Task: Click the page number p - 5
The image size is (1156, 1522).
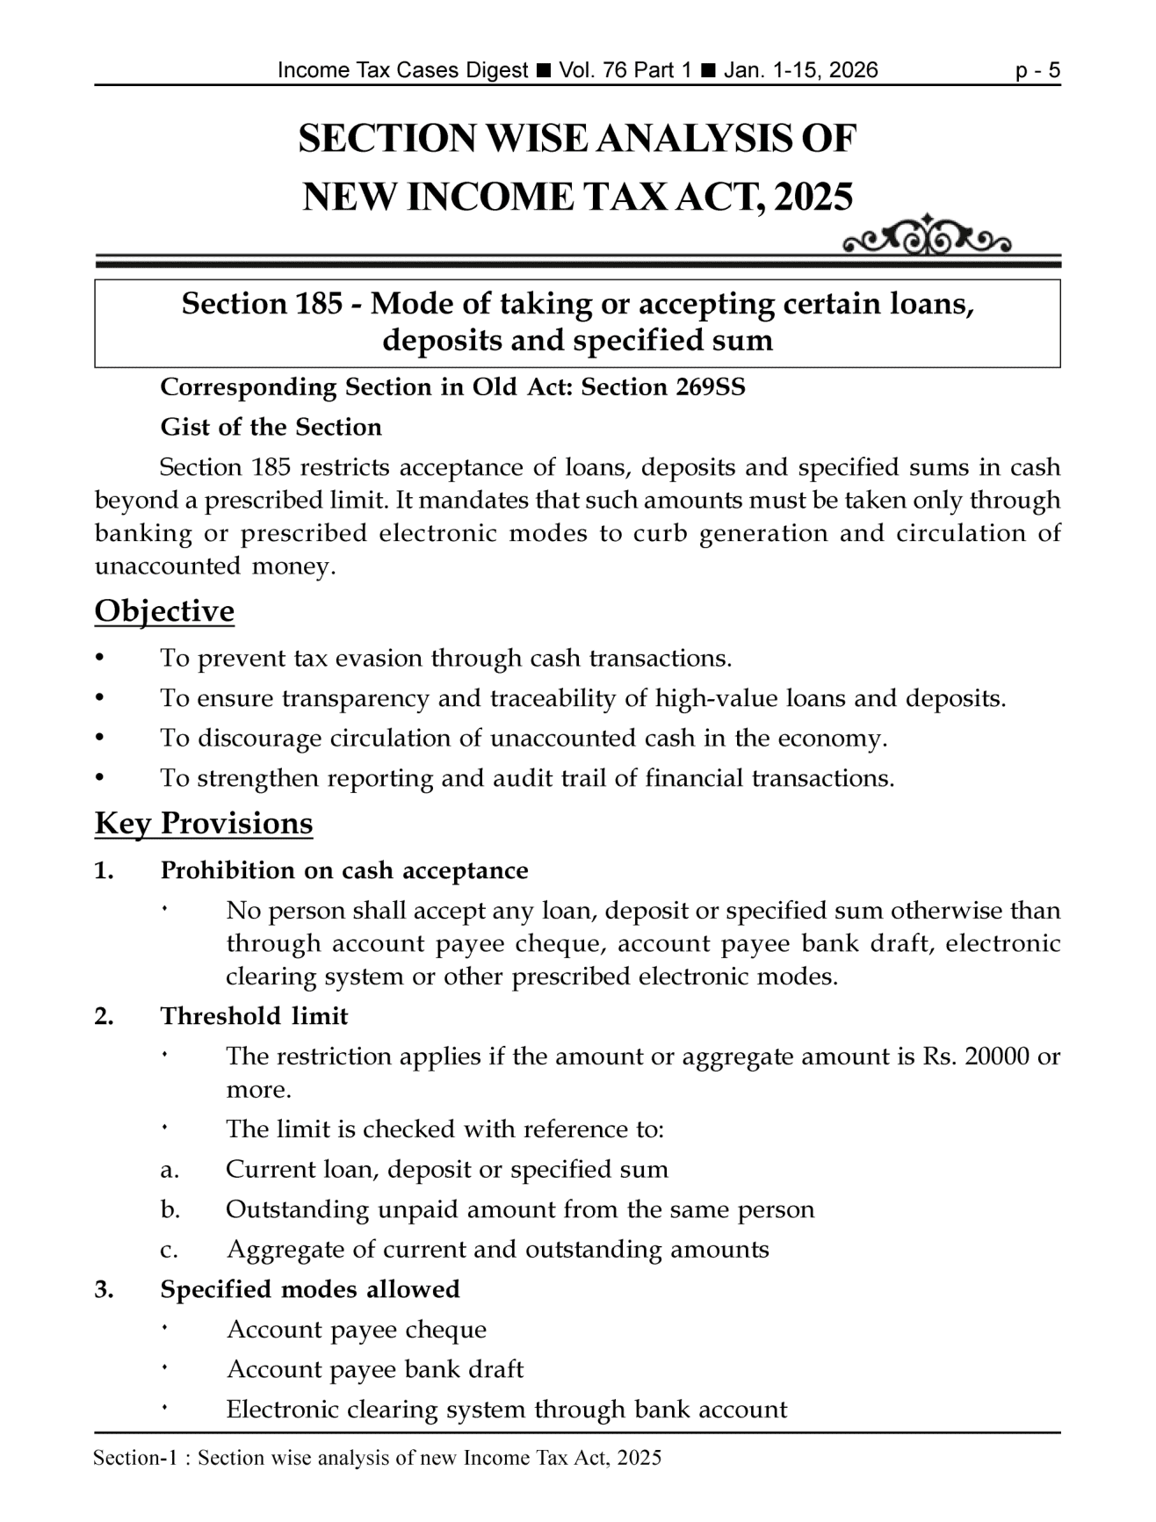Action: pos(1037,71)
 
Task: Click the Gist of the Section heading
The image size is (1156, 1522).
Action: pos(271,428)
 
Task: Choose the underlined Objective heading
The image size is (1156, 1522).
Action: pos(164,611)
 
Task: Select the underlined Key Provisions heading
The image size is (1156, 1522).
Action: pos(203,824)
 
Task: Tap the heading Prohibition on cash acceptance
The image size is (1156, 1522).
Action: pos(344,871)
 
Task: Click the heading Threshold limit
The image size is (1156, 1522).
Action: pos(254,1017)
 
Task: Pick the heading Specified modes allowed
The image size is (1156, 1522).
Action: pos(310,1289)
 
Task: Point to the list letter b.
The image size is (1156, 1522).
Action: pos(170,1210)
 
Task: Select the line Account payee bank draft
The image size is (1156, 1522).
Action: pos(374,1370)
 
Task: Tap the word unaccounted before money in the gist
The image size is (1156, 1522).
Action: pos(167,566)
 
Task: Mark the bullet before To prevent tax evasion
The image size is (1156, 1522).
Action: pos(102,659)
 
